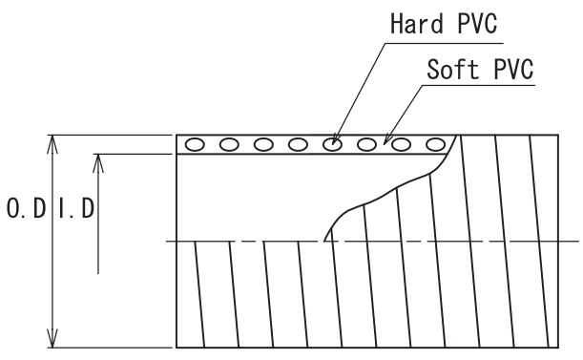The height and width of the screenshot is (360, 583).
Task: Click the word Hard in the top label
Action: pyautogui.click(x=416, y=24)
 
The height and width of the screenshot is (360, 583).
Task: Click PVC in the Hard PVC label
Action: pyautogui.click(x=477, y=24)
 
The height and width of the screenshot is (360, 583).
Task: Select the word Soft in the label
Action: pyautogui.click(x=452, y=69)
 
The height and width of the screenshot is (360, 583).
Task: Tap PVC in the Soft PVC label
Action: pyautogui.click(x=513, y=69)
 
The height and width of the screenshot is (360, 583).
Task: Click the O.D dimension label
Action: pyautogui.click(x=26, y=208)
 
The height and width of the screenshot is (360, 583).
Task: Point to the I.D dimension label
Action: pyautogui.click(x=77, y=208)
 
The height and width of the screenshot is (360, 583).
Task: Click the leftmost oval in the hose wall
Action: pyautogui.click(x=195, y=144)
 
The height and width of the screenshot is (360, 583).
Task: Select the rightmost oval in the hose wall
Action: pyautogui.click(x=435, y=144)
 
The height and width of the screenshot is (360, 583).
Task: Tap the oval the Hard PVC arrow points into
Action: pyautogui.click(x=332, y=144)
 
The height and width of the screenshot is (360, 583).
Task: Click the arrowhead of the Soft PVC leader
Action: pyautogui.click(x=386, y=139)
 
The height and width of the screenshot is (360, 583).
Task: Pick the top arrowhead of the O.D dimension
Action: pyautogui.click(x=52, y=144)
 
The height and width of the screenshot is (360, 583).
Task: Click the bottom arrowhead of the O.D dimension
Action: pyautogui.click(x=52, y=338)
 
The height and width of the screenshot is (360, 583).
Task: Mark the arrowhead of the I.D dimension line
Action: pyautogui.click(x=98, y=163)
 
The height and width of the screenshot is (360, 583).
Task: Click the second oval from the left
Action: pyautogui.click(x=229, y=144)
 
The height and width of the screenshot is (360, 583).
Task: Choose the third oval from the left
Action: pyautogui.click(x=263, y=144)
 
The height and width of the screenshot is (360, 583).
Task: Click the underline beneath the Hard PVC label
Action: pyautogui.click(x=445, y=43)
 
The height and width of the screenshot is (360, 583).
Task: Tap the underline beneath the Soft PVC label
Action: pyautogui.click(x=479, y=86)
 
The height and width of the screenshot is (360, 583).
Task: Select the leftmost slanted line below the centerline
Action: pyautogui.click(x=199, y=294)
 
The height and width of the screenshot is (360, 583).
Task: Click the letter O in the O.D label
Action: pyautogui.click(x=13, y=208)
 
